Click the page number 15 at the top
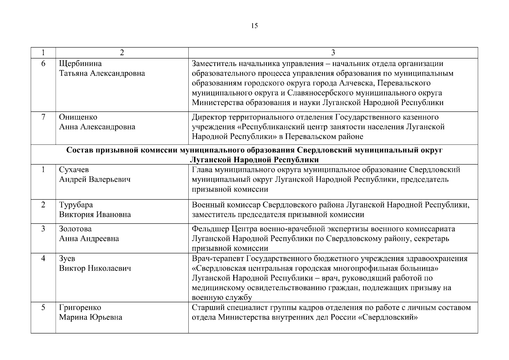pyautogui.click(x=254, y=26)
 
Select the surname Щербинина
pyautogui.click(x=80, y=64)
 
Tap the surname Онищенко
pyautogui.click(x=78, y=117)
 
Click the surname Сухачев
pyautogui.click(x=74, y=170)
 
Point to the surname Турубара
pyautogui.click(x=76, y=205)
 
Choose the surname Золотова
pyautogui.click(x=75, y=229)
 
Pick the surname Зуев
pyautogui.click(x=67, y=259)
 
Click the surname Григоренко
pyautogui.click(x=80, y=307)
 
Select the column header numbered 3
pyautogui.click(x=333, y=53)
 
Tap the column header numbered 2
pyautogui.click(x=122, y=53)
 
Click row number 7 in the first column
pyautogui.click(x=43, y=117)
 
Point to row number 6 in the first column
pyautogui.click(x=43, y=64)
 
